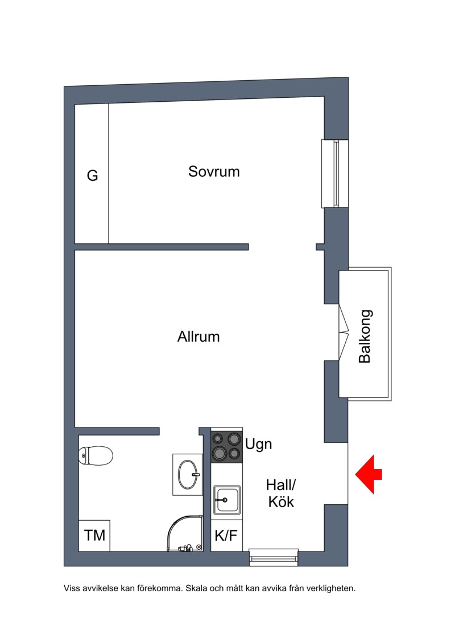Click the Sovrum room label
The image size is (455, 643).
(x=214, y=172)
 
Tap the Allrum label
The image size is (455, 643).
(x=198, y=337)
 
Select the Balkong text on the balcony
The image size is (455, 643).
(x=365, y=336)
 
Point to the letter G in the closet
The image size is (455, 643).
(x=92, y=176)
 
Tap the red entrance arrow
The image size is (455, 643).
(x=369, y=474)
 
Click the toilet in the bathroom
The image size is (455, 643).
(x=95, y=455)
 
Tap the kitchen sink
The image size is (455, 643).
(x=226, y=500)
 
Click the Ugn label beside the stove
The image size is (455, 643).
(x=258, y=445)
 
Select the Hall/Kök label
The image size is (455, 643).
(x=281, y=493)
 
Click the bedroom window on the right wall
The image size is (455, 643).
(x=335, y=173)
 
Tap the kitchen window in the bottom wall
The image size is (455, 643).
(x=274, y=557)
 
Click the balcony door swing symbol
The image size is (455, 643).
(x=344, y=332)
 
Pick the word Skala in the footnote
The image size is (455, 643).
(x=197, y=588)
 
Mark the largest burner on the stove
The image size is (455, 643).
(x=234, y=439)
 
